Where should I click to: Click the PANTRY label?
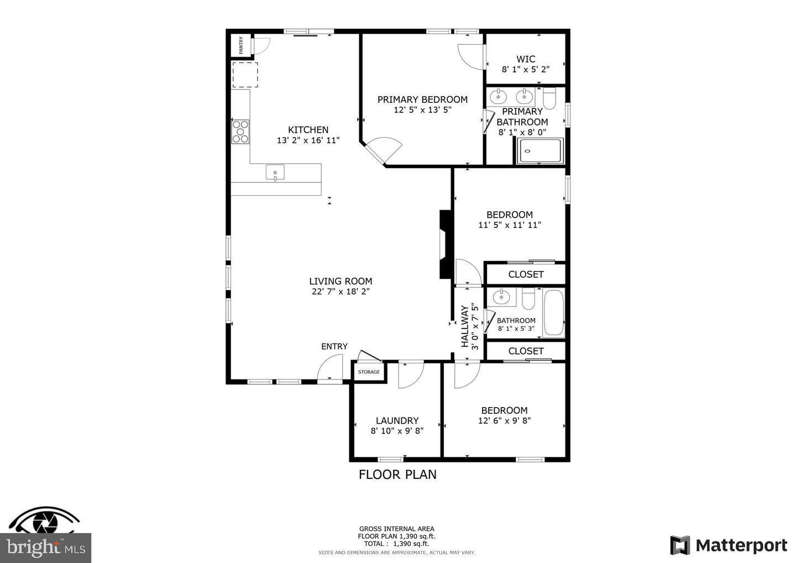241,45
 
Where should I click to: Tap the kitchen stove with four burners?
240,132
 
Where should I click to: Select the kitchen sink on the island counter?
275,173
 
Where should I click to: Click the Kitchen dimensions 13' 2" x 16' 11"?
308,140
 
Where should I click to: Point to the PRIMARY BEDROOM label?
422,100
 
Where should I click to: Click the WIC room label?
526,59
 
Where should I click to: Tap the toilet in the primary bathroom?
549,98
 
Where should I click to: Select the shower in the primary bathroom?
540,151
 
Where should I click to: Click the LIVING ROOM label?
341,281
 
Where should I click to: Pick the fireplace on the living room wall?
445,244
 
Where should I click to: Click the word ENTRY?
334,346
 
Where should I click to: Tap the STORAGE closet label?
369,372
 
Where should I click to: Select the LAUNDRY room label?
397,420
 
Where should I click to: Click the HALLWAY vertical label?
464,326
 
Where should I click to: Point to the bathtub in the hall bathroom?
553,313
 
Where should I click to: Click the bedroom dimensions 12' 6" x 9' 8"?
504,420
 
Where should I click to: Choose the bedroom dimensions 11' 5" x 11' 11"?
509,225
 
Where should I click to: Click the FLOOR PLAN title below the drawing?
397,475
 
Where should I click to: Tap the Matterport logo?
729,545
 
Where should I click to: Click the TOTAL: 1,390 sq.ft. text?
396,544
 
